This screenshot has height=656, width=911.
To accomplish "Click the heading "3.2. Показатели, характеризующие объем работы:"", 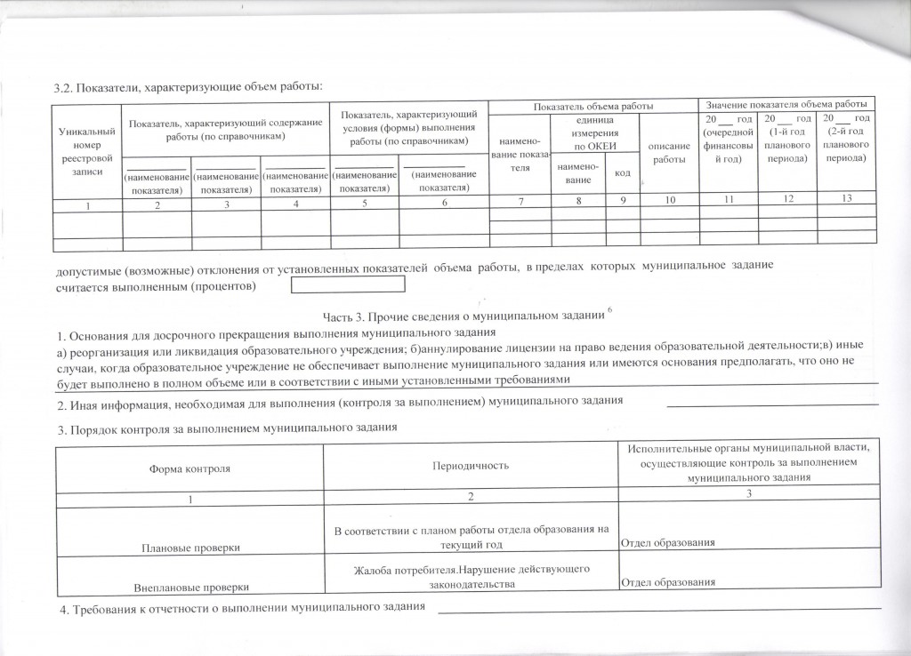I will [187, 86].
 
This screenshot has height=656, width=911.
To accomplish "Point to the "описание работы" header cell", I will [669, 152].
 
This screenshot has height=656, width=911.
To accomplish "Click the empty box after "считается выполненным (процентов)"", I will [349, 285].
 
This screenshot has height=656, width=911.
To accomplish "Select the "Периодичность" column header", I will [470, 466].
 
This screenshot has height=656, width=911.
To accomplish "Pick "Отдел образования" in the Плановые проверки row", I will [668, 542].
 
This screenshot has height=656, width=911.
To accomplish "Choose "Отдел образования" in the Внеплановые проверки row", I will [668, 581].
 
